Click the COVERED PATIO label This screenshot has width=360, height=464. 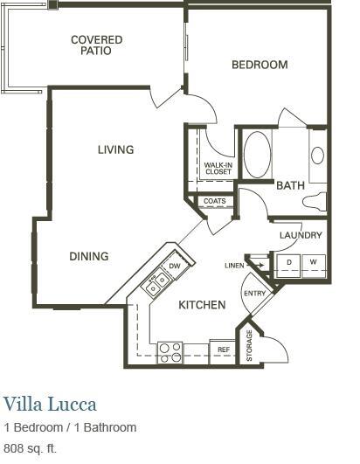point(96,45)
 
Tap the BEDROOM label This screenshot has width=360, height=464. point(260,65)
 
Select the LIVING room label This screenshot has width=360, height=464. point(115,149)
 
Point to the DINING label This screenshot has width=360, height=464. point(89,256)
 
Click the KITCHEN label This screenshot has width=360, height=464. point(202,305)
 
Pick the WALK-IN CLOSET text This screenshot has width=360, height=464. point(218,168)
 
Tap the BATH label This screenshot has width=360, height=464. point(290,185)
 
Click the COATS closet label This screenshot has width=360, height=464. point(214,202)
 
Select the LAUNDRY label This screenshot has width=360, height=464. point(301,235)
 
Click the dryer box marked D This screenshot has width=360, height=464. point(289,262)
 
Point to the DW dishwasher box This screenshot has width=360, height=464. point(175,266)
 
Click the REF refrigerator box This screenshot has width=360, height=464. point(224,350)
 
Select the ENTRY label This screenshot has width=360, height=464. point(254,294)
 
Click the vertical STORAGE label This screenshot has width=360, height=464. point(249,346)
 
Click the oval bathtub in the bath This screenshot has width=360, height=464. point(257,155)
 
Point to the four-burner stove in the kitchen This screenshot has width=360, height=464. point(170,351)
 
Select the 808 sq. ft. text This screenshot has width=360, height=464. point(31,448)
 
